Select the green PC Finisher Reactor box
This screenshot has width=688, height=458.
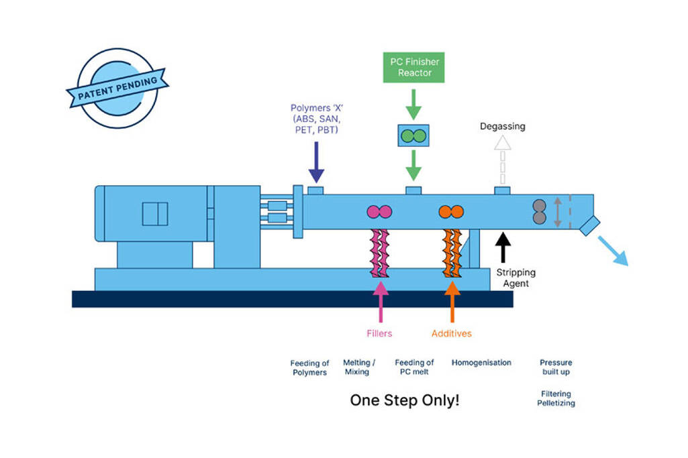[x=413, y=67]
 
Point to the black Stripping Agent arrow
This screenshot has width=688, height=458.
[x=503, y=245]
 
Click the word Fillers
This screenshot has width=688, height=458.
[x=379, y=333]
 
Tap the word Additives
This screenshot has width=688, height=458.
[x=452, y=333]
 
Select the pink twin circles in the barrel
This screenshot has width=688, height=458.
[x=379, y=212]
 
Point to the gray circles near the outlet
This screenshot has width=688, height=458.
[x=540, y=212]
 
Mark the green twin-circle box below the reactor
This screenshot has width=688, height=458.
[x=413, y=135]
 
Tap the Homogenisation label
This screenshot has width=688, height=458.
[x=481, y=363]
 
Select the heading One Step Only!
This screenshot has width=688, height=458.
[x=405, y=400]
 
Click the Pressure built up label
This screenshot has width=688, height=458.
[x=556, y=367]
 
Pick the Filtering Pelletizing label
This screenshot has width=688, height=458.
[x=556, y=398]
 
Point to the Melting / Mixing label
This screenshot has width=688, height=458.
[x=358, y=367]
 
